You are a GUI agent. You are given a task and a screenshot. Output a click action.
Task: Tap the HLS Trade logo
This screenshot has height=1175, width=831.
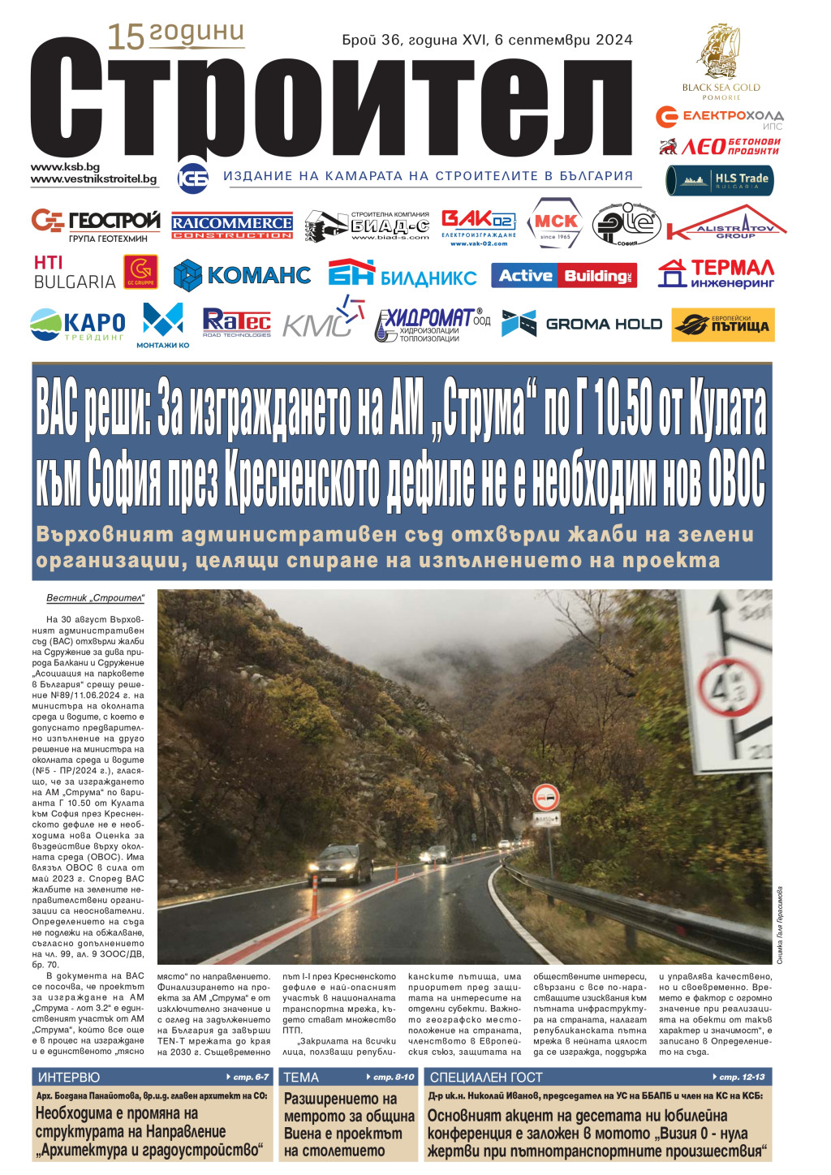pyautogui.click(x=720, y=180)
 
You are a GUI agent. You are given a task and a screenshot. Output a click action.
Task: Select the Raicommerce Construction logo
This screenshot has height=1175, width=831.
pyautogui.click(x=232, y=226)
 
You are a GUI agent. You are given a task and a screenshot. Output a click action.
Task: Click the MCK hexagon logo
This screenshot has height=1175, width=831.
pyautogui.click(x=555, y=223)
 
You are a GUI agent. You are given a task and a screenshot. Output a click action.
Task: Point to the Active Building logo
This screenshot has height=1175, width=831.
pyautogui.click(x=564, y=276)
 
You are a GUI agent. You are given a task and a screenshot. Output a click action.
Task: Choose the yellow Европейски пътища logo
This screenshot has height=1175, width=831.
pyautogui.click(x=723, y=325)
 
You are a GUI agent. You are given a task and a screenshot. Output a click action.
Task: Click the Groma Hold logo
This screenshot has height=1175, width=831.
pyautogui.click(x=582, y=324)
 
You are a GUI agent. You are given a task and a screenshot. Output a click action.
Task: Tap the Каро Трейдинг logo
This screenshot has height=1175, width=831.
pyautogui.click(x=78, y=325)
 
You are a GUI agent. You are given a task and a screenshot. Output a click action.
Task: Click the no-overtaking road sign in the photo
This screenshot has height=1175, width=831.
pyautogui.click(x=546, y=798)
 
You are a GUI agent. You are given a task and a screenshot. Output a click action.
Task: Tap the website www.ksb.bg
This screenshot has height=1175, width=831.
pyautogui.click(x=65, y=166)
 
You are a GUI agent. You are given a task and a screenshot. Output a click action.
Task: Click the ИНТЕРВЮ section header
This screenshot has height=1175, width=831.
pyautogui.click(x=69, y=1077)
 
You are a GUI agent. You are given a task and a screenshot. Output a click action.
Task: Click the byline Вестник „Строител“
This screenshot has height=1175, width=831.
pyautogui.click(x=95, y=598)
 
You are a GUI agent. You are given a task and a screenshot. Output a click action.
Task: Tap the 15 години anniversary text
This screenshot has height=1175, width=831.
pyautogui.click(x=175, y=34)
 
